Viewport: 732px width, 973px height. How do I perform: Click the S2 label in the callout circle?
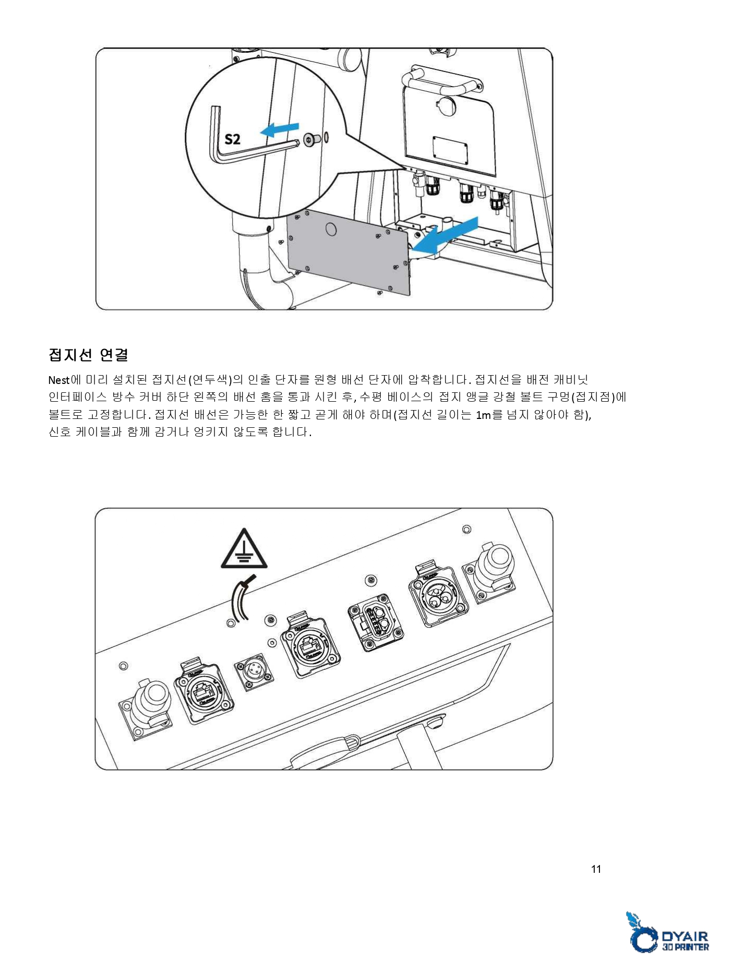click(x=232, y=139)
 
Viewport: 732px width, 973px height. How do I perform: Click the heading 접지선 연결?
click(x=88, y=355)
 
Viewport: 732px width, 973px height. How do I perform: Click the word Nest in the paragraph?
click(x=58, y=380)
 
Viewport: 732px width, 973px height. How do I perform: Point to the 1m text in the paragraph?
click(x=483, y=415)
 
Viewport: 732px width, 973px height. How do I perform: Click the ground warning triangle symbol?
click(x=244, y=549)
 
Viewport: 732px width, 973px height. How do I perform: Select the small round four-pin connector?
click(x=254, y=671)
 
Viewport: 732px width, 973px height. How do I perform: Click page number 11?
click(x=596, y=869)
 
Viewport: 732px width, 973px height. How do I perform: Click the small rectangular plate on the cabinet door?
click(x=450, y=150)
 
